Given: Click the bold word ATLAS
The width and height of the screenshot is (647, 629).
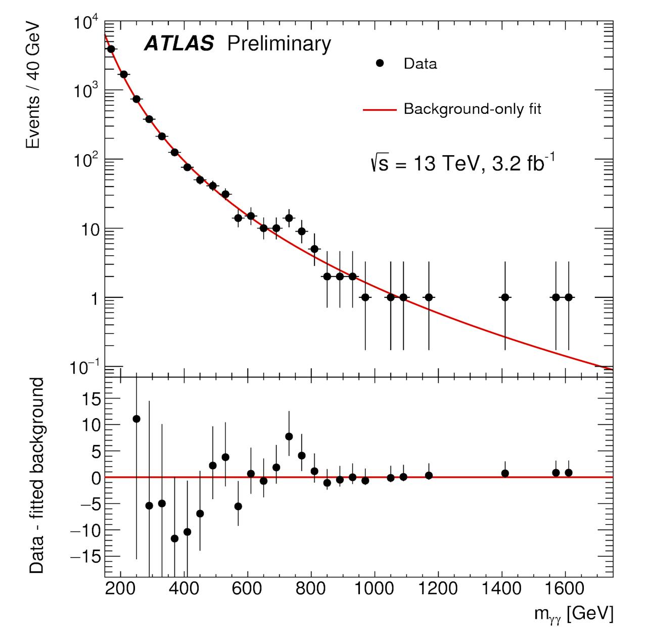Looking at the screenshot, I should [x=179, y=44].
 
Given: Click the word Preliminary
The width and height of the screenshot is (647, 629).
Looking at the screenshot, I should [x=279, y=44].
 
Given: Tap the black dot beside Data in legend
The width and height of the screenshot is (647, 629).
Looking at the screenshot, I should [x=380, y=63].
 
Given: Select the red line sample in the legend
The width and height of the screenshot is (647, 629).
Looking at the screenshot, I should [x=379, y=109].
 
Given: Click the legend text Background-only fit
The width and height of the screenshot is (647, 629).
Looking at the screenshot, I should [x=472, y=109].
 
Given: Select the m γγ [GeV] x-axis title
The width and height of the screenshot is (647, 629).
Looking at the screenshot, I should [x=574, y=613].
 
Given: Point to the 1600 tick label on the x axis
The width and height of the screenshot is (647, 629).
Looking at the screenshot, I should [x=565, y=589].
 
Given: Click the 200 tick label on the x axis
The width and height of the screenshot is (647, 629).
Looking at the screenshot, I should [x=120, y=589].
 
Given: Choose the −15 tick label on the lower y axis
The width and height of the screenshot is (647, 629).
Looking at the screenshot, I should [x=84, y=556].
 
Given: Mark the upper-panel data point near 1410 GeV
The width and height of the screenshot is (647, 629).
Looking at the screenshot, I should [x=504, y=297].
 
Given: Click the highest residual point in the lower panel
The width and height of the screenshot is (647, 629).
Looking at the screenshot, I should [x=136, y=419].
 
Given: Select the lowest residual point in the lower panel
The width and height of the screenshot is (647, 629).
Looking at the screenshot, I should [x=174, y=538].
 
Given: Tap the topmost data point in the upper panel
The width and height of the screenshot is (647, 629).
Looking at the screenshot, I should [x=111, y=49].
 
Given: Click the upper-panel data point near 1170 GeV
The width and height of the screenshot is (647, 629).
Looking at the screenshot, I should [x=429, y=297].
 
